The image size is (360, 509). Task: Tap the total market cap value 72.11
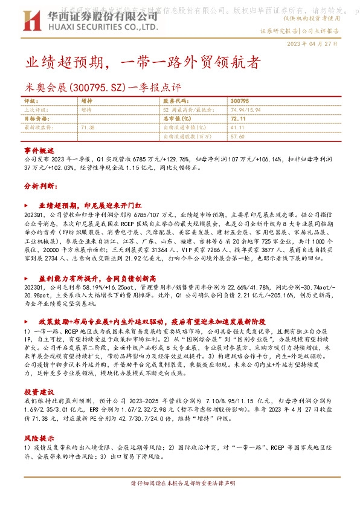click(238, 119)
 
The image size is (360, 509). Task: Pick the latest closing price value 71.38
click(88, 128)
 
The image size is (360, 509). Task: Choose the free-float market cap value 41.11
click(237, 128)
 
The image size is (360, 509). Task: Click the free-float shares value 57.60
click(237, 137)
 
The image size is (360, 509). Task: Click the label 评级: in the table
click(30, 102)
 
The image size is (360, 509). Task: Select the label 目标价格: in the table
click(35, 119)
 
